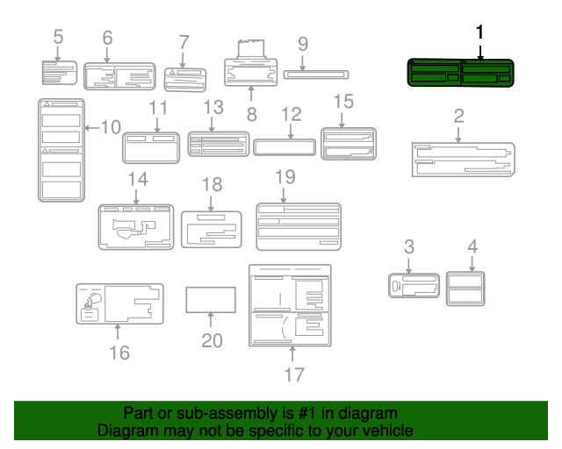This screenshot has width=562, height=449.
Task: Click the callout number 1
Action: click(479, 32)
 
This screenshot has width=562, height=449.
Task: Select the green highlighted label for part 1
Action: click(460, 73)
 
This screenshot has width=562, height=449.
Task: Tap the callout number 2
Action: click(458, 115)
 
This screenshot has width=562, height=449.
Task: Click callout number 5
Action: click(58, 37)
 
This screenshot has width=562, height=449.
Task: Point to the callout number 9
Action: click(302, 43)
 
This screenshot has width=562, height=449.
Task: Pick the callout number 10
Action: click(110, 127)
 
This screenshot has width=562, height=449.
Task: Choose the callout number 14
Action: click(137, 179)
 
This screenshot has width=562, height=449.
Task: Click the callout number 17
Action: click(294, 374)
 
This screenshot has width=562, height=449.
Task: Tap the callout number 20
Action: click(213, 340)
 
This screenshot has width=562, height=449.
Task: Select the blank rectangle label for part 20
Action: click(211, 299)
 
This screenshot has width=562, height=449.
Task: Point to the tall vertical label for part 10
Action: click(61, 150)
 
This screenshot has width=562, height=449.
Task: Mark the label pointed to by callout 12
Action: click(285, 146)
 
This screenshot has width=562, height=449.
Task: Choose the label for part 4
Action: click(465, 289)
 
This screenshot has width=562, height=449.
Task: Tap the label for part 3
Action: click(413, 286)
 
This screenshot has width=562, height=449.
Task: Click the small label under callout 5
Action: click(60, 72)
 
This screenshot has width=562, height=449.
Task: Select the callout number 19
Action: click(285, 176)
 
